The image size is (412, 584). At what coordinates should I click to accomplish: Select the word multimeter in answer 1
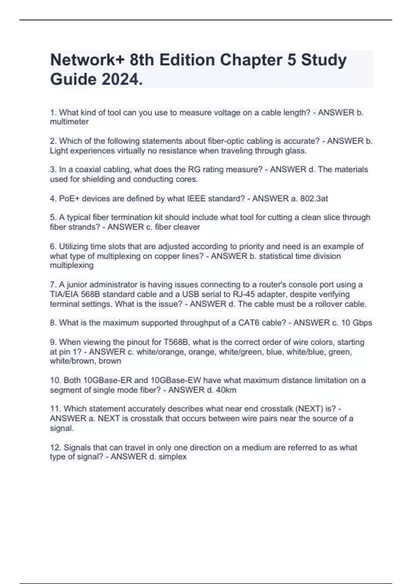(69, 122)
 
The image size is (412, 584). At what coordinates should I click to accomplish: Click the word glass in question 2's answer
(296, 150)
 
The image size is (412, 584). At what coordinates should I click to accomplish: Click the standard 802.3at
(314, 198)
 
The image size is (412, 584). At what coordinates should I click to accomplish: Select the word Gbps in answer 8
(363, 323)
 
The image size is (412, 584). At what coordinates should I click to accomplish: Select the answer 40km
(226, 390)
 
